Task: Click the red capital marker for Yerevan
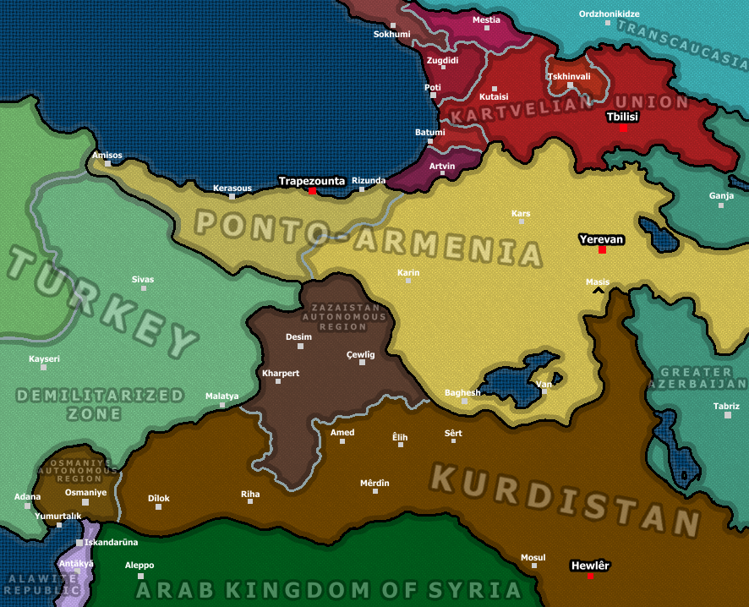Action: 602,250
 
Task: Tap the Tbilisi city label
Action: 621,117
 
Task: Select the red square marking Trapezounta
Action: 312,191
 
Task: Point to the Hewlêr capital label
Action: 590,565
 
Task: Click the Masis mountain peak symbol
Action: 599,291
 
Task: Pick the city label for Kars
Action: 521,213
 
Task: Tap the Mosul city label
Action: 533,557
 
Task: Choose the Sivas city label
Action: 143,279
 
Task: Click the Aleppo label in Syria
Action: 139,565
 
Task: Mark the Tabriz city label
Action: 725,406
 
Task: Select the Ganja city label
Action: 721,195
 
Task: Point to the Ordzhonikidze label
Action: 609,14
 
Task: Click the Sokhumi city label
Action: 391,35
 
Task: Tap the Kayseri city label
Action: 44,358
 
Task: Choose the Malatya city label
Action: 221,396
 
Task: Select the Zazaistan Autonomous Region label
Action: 349,317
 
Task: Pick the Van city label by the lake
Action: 544,381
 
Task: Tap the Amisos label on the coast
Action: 107,155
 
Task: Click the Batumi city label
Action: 429,132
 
